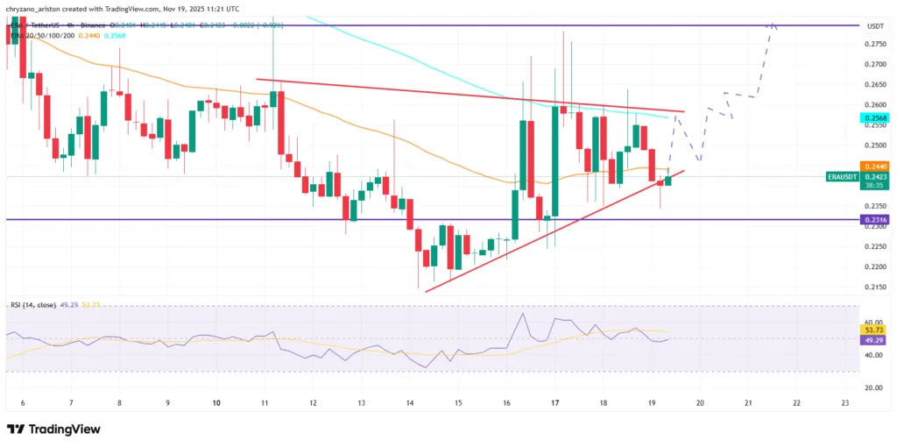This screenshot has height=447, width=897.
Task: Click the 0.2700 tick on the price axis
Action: (x=872, y=64)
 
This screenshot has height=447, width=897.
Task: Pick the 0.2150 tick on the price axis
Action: (x=872, y=287)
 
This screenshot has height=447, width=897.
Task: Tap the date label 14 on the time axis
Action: (x=409, y=402)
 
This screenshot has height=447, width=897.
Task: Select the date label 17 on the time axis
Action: (x=554, y=402)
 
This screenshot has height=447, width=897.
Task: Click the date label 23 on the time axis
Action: (x=844, y=402)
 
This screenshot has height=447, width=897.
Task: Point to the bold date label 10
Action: (x=216, y=402)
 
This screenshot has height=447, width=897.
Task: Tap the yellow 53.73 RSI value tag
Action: (x=872, y=330)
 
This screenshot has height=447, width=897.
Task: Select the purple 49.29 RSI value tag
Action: (x=872, y=339)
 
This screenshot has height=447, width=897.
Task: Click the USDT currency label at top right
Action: (x=873, y=26)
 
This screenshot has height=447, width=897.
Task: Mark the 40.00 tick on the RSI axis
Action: (x=872, y=355)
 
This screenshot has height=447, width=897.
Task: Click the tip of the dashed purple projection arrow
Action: (x=773, y=24)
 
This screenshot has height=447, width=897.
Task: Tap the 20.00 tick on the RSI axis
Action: (x=872, y=387)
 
